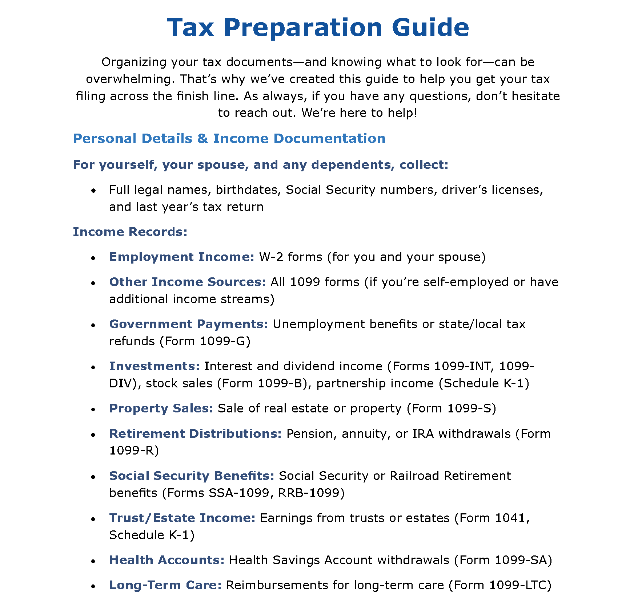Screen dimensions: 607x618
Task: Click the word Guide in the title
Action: coord(430,28)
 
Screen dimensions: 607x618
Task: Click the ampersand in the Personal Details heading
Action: coord(202,139)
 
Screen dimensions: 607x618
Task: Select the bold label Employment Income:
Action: coord(182,257)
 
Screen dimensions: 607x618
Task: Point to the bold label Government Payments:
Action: coord(189,324)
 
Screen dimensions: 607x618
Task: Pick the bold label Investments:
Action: coord(154,366)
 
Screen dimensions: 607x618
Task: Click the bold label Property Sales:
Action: coord(161,408)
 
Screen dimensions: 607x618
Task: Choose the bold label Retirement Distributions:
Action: coord(195,434)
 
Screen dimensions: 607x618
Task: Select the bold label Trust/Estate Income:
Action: coord(182,518)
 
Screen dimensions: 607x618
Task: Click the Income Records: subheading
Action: coord(130,232)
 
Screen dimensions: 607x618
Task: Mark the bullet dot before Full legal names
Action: coord(94,190)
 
